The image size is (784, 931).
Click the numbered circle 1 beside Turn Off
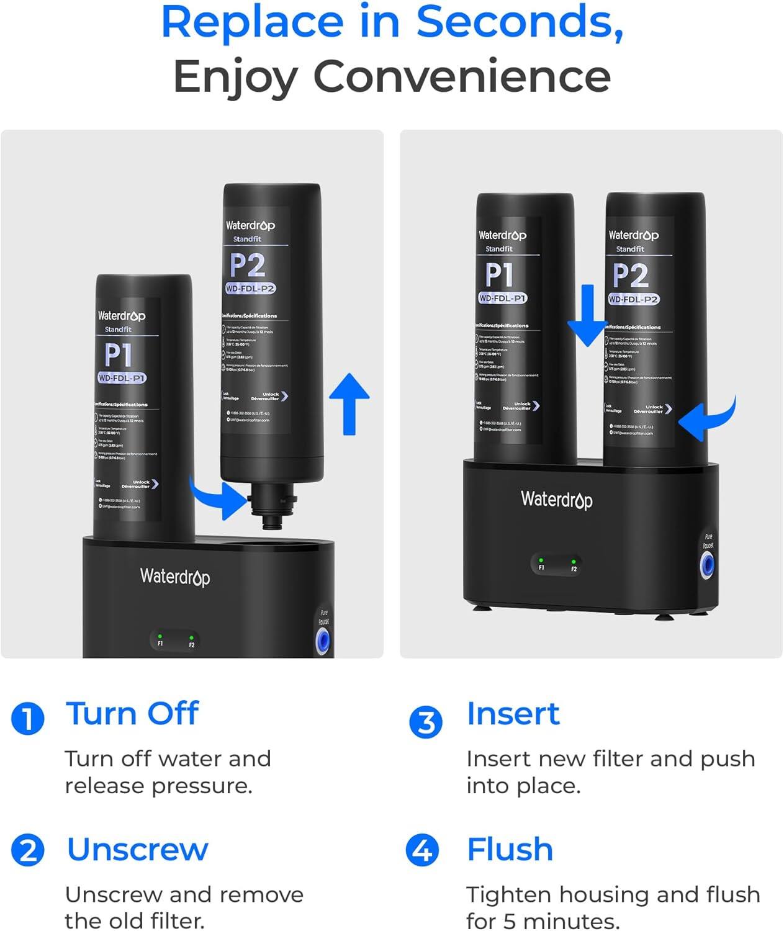[28, 719]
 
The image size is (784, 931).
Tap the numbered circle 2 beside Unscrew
[28, 850]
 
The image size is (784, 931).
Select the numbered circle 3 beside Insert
[426, 722]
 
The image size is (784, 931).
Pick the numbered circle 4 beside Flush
[422, 850]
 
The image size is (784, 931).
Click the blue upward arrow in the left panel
[349, 403]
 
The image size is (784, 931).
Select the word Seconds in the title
[519, 22]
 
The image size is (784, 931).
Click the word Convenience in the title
[461, 76]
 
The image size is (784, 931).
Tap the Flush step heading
[510, 849]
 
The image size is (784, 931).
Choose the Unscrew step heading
[137, 849]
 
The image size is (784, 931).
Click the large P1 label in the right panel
[499, 275]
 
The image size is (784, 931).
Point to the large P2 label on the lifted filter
[248, 266]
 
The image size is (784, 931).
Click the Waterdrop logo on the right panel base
[556, 500]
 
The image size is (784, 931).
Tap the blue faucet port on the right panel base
[706, 565]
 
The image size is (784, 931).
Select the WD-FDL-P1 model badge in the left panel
[122, 378]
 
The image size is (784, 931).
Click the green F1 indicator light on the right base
[541, 560]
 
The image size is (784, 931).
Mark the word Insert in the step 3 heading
[513, 714]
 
